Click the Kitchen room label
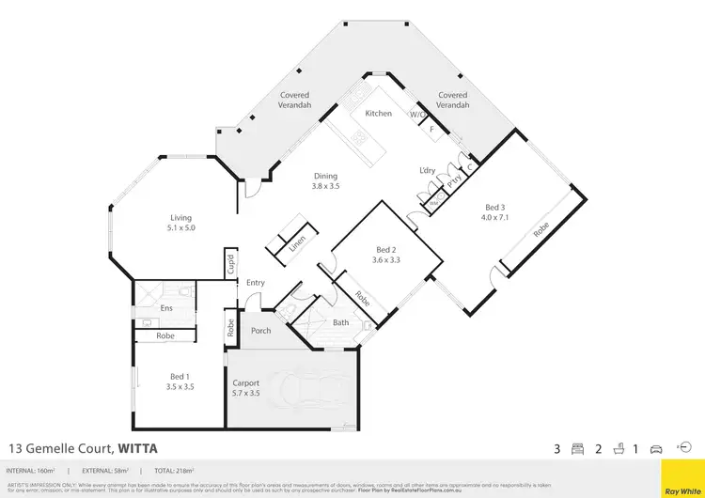[x=377, y=113]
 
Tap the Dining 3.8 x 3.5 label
[x=325, y=181]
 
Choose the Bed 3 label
[x=494, y=209]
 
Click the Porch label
[x=260, y=331]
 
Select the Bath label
[x=342, y=323]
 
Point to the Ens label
[x=165, y=307]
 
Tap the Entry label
[x=256, y=283]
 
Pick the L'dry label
[x=427, y=170]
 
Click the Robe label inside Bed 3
[x=542, y=228]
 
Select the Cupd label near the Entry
[x=229, y=264]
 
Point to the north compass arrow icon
[x=685, y=448]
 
